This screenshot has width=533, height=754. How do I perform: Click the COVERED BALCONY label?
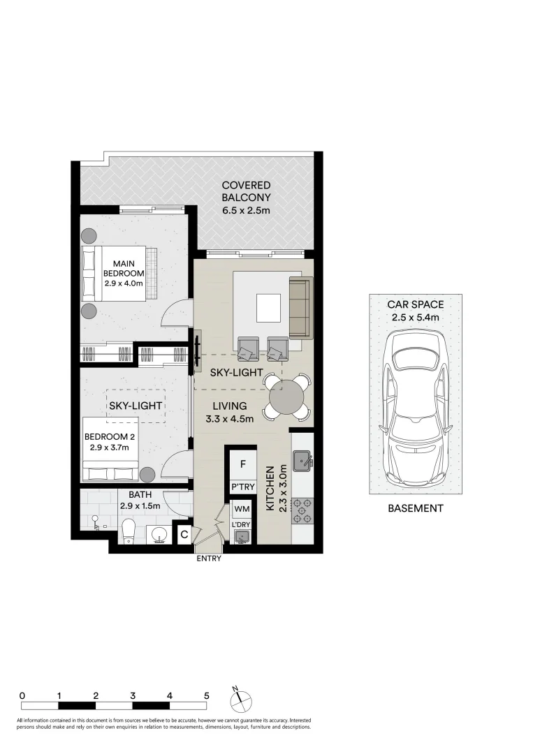click(x=246, y=197)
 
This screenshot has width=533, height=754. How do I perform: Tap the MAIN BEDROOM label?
click(x=124, y=268)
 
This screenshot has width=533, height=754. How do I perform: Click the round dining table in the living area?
click(x=286, y=397)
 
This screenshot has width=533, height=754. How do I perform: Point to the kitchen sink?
click(x=302, y=459)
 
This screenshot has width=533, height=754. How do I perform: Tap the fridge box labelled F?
click(x=242, y=463)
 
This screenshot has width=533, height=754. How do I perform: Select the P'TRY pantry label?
click(x=242, y=487)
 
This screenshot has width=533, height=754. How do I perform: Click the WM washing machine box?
click(x=242, y=509)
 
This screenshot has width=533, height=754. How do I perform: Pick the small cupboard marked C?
click(x=184, y=535)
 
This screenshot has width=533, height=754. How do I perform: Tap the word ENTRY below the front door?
click(x=208, y=559)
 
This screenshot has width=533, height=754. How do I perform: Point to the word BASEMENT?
click(x=415, y=508)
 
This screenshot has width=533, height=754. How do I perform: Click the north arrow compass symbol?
click(x=239, y=698)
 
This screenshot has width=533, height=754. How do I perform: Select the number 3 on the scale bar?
click(x=133, y=695)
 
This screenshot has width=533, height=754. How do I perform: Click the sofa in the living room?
click(x=300, y=307)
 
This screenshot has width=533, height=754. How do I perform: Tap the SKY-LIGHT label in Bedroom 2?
click(x=136, y=406)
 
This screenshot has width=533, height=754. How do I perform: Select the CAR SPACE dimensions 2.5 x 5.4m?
click(x=415, y=317)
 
